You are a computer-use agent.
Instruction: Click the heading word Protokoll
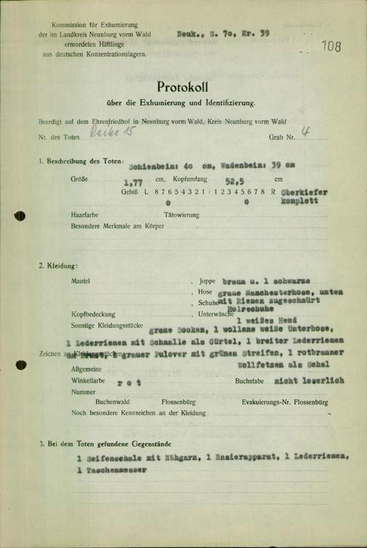[x=183, y=87]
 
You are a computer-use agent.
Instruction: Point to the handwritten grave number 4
[x=306, y=133]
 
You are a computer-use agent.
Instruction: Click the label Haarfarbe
[x=85, y=216]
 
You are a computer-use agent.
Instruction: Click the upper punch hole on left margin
[x=20, y=216]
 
